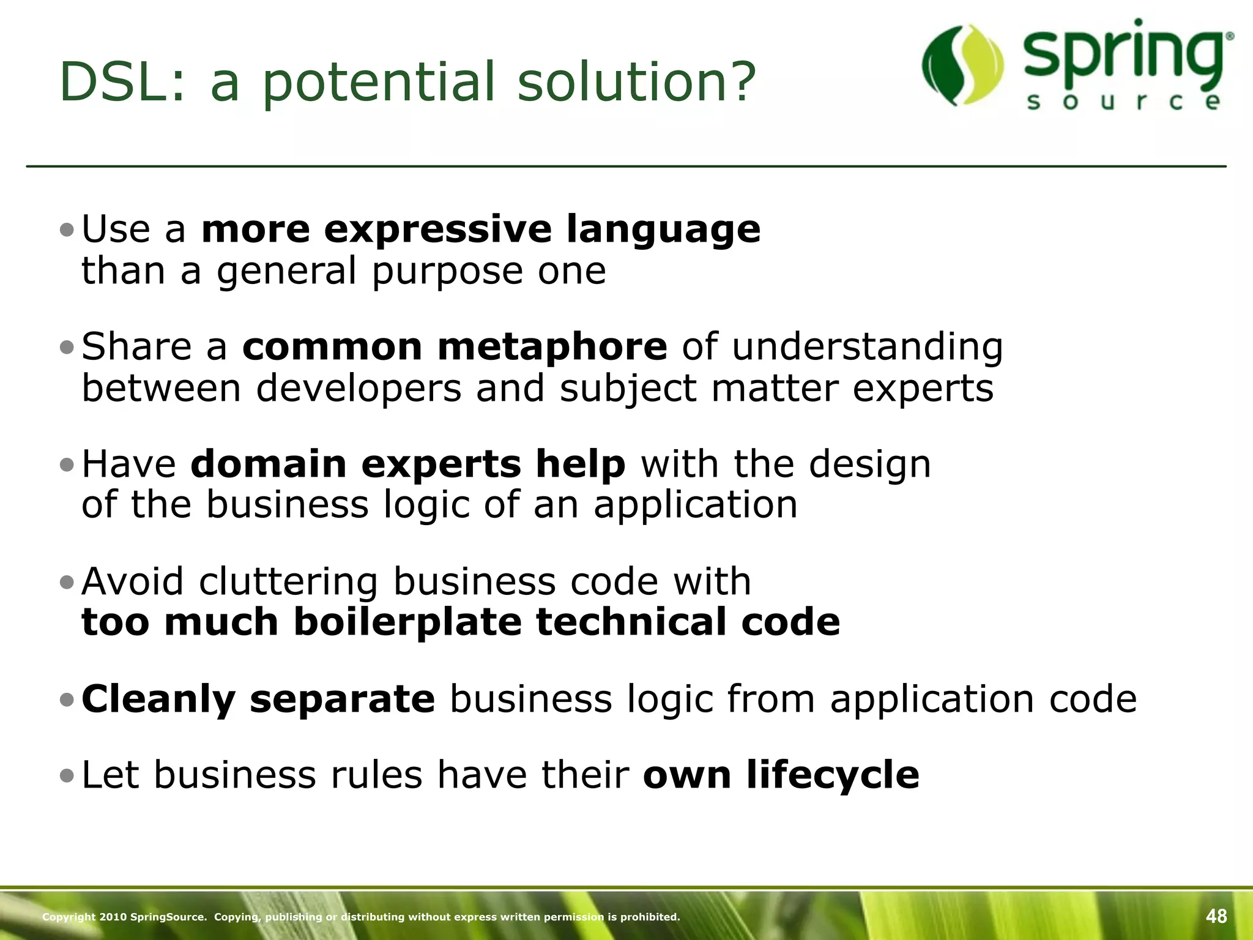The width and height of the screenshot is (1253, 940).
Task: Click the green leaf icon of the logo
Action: [x=962, y=65]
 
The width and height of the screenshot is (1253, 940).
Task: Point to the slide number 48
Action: [x=1216, y=916]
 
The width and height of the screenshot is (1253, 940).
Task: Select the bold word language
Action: [x=663, y=229]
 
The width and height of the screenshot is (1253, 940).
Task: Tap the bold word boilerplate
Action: [x=407, y=622]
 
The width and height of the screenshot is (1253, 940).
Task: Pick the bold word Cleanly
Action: [x=158, y=699]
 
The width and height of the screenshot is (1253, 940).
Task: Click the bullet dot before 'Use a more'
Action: [x=67, y=231]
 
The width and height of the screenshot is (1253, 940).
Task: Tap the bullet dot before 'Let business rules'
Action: [x=67, y=776]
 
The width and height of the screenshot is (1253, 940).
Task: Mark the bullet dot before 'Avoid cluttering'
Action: [x=67, y=582]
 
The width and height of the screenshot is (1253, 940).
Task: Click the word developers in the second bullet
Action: [x=358, y=388]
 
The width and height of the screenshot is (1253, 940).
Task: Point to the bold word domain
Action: [x=269, y=464]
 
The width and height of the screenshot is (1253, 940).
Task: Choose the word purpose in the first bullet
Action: [x=447, y=272]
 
